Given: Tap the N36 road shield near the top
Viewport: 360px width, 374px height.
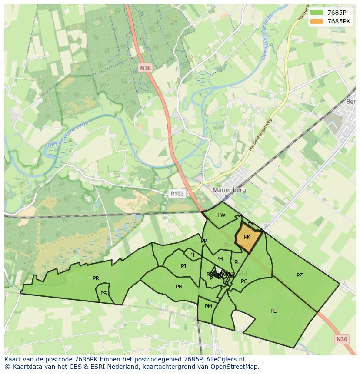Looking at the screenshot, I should (x=145, y=68).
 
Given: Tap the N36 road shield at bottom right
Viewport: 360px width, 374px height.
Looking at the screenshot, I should (x=342, y=339).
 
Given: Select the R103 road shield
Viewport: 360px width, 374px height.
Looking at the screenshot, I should (x=177, y=194).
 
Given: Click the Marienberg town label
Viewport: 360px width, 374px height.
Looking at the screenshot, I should (x=229, y=190).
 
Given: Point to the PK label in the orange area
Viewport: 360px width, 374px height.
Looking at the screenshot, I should (x=247, y=237).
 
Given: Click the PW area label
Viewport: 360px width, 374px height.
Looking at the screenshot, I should (x=221, y=215).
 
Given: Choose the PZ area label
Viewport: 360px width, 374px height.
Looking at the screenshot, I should (x=300, y=275).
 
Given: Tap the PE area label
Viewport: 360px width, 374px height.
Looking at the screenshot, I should (x=273, y=311).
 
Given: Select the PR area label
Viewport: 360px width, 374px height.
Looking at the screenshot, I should (x=96, y=278).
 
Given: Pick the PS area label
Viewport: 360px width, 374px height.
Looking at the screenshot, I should (x=103, y=294).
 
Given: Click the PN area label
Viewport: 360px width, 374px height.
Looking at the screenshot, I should (x=179, y=287).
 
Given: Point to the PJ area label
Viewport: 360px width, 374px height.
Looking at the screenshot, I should (x=183, y=266).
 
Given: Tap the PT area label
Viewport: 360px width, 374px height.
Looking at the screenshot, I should (x=192, y=255).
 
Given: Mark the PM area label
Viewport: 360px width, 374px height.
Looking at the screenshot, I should (x=208, y=307).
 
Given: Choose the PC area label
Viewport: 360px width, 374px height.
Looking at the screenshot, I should (x=244, y=281).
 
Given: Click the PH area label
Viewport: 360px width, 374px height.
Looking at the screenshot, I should (x=220, y=259).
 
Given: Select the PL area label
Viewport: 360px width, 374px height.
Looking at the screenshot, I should (x=237, y=262).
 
